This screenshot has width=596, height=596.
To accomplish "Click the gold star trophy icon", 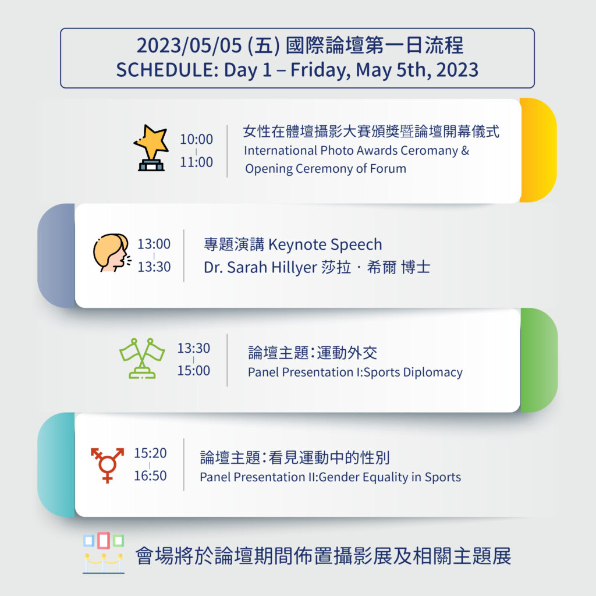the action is point(151,148).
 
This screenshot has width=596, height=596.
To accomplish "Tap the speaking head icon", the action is point(112,253).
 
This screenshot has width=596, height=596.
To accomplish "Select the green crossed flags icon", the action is point(142,358).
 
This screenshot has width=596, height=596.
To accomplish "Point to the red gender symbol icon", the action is point(107,465).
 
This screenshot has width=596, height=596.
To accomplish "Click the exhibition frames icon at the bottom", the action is point(104,553).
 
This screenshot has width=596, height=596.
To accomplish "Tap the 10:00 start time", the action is point(196,139).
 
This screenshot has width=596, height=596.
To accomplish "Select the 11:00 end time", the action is point(196,162).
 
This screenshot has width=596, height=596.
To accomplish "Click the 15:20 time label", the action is point(150,453).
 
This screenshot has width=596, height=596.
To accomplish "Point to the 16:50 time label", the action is point(150,476).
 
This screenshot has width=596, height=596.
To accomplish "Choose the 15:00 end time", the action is point(193,371).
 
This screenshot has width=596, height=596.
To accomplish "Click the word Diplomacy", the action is point(432,372).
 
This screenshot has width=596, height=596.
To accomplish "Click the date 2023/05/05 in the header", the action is point(189,45).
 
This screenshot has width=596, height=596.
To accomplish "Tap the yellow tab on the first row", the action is point(538,150).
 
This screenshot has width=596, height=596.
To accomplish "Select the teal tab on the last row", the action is point(56,464).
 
